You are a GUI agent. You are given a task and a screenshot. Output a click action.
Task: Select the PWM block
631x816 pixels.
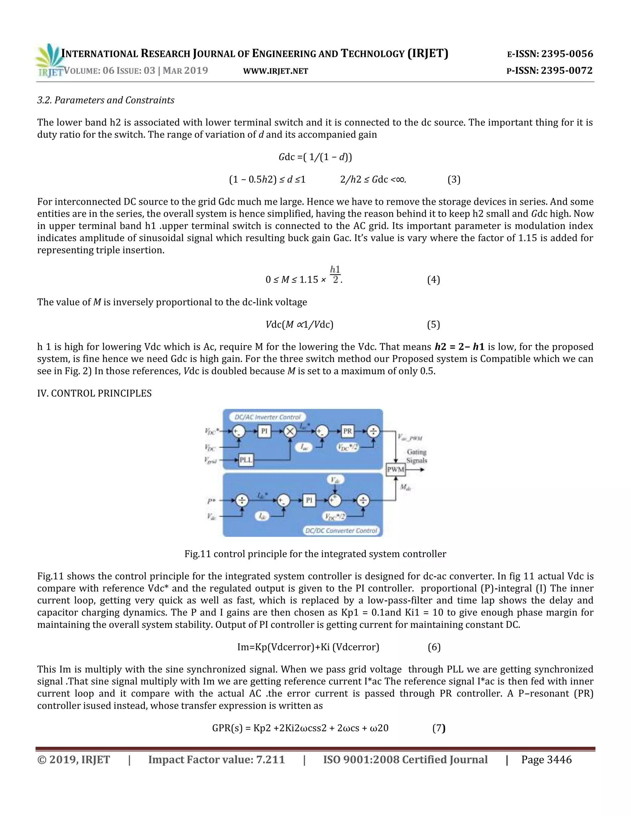396,470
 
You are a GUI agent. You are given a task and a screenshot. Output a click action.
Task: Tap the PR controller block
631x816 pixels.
348,431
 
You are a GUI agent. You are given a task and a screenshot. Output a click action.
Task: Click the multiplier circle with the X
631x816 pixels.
290,431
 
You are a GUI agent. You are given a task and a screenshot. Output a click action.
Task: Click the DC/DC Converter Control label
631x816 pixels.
341,531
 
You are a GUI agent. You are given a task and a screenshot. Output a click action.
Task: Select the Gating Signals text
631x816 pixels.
417,456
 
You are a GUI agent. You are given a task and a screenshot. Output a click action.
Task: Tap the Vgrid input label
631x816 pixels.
211,460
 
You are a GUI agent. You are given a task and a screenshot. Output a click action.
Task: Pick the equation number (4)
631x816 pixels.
433,280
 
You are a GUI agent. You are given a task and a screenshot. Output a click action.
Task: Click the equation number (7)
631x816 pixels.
439,728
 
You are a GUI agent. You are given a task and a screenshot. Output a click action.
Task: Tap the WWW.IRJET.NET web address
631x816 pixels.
275,71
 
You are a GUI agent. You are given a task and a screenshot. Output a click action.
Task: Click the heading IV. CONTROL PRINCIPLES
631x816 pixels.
94,394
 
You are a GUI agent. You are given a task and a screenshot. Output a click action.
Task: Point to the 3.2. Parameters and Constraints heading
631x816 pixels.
106,100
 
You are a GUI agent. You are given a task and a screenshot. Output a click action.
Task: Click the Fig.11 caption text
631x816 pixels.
315,554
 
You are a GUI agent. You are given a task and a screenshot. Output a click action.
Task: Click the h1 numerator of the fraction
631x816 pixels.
335,270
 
